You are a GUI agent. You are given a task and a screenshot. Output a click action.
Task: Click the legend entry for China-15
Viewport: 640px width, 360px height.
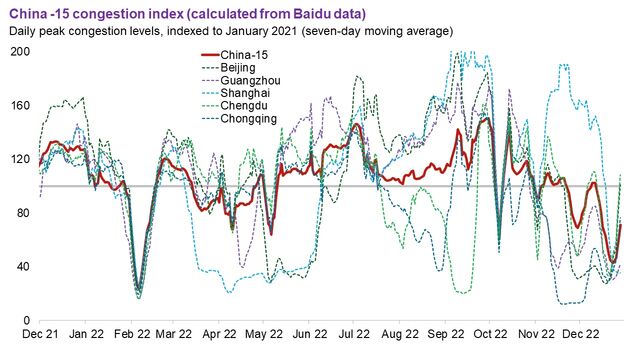(246, 54)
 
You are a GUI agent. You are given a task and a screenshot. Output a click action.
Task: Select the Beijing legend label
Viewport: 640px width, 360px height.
(241, 67)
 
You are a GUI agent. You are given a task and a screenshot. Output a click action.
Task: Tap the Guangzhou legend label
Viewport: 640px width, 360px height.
(251, 80)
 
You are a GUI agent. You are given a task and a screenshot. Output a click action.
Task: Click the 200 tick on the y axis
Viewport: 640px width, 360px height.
(19, 51)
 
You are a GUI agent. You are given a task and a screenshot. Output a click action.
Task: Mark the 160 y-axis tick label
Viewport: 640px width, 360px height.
(19, 105)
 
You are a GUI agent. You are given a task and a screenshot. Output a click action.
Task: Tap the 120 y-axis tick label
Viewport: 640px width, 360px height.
(19, 159)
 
